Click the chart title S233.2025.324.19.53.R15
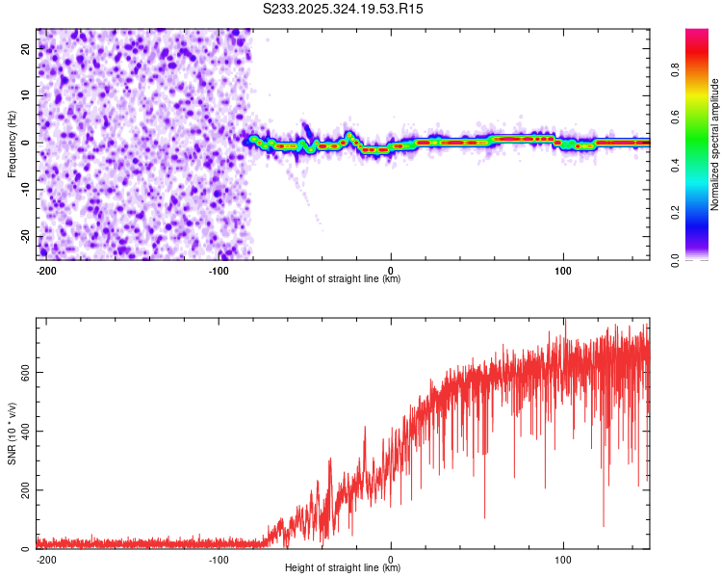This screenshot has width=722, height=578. [x=344, y=9]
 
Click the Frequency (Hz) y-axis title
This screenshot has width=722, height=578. [x=12, y=144]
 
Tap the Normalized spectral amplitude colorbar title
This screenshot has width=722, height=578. [x=714, y=144]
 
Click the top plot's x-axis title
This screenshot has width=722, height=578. [x=343, y=279]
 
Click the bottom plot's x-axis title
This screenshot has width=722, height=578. [x=343, y=568]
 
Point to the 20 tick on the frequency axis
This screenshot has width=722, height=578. [x=25, y=48]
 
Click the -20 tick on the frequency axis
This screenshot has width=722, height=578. [x=23, y=237]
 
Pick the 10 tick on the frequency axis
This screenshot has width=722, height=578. [x=25, y=95]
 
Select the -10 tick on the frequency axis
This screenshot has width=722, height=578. [x=23, y=190]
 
